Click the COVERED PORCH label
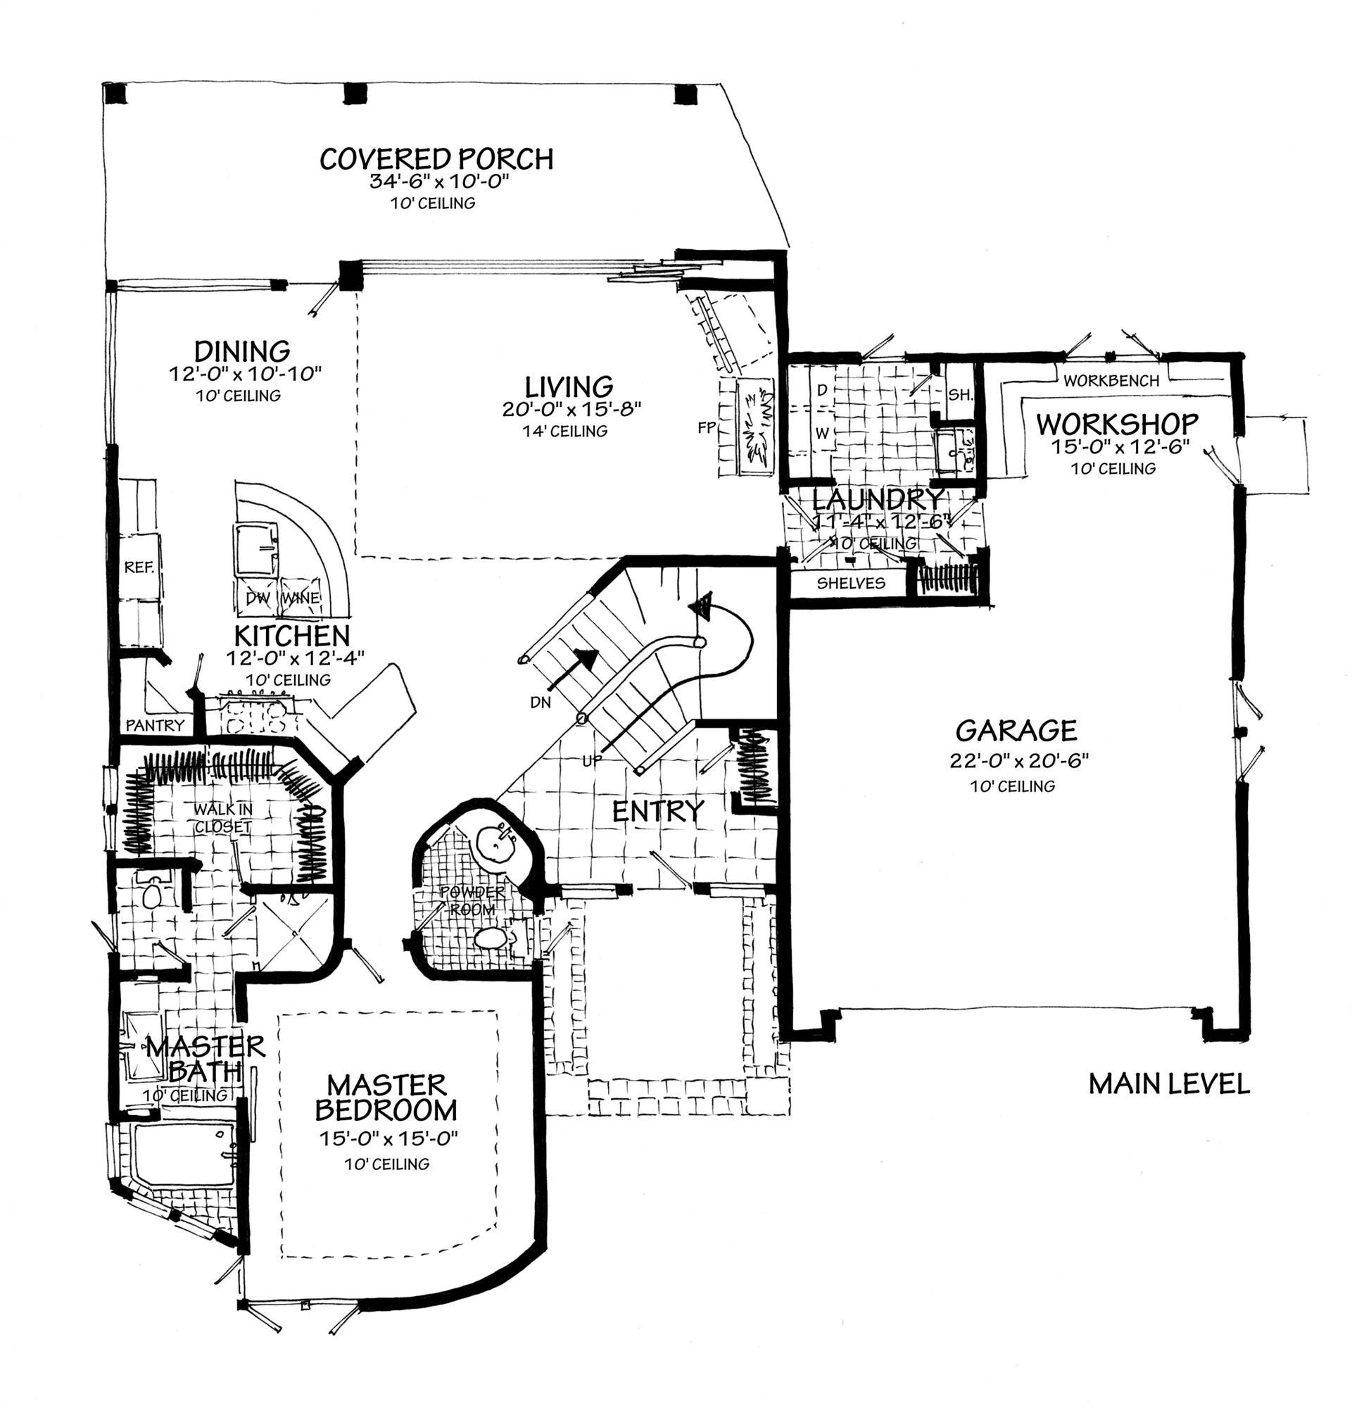(436, 160)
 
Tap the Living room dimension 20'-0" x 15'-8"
(571, 409)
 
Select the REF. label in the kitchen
(139, 567)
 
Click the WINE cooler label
(301, 598)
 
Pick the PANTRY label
(155, 726)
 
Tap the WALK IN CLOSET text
(222, 818)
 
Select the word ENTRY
(657, 811)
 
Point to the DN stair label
(540, 703)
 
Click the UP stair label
(592, 760)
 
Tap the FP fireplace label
(707, 428)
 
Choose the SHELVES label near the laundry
(851, 584)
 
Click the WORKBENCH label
(1111, 381)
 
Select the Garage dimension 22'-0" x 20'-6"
(1019, 761)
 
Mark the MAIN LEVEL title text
(1169, 1084)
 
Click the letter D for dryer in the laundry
(822, 390)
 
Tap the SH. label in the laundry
(960, 395)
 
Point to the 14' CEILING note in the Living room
(565, 431)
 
